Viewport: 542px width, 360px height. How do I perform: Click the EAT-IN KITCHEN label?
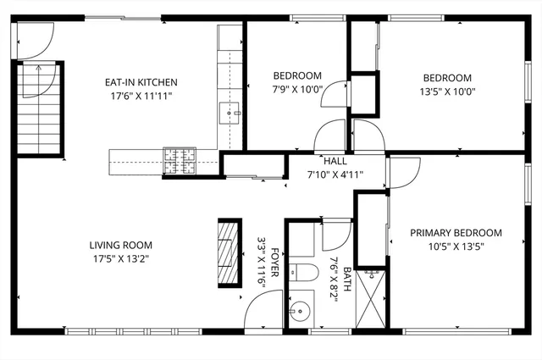point(141,82)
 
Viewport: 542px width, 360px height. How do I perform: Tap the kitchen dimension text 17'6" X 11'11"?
point(141,96)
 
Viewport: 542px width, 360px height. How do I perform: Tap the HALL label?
point(335,161)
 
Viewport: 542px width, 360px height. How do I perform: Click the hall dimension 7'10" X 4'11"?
point(335,174)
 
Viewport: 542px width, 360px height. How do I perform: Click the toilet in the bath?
point(302,272)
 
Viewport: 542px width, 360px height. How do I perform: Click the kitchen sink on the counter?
point(230,112)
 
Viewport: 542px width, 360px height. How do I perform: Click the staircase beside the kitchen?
point(36,110)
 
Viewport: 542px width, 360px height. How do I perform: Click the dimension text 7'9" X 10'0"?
point(297,89)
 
